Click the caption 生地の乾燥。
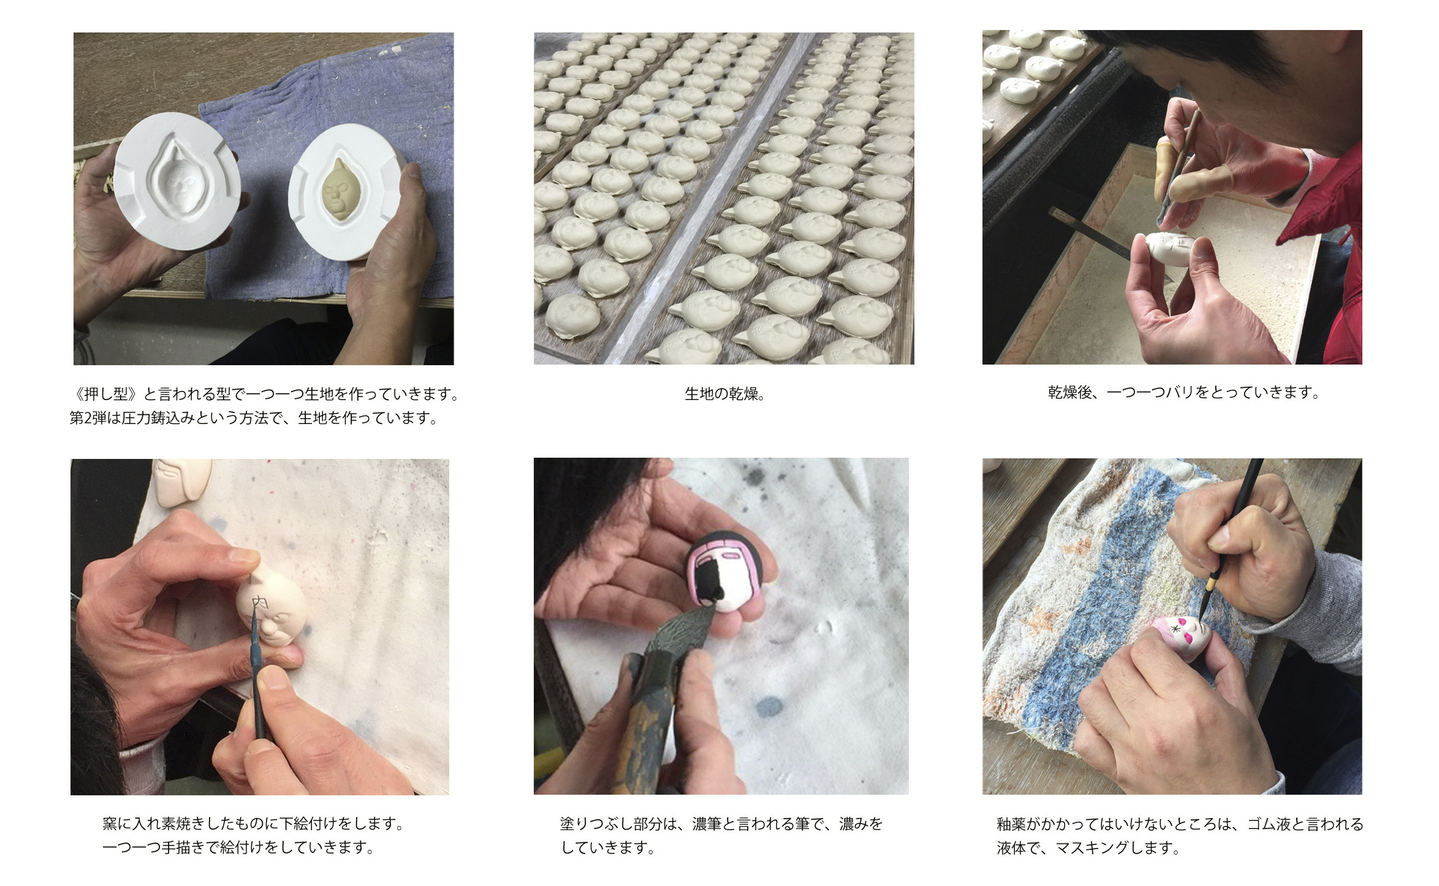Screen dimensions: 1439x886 pyautogui.click(x=725, y=394)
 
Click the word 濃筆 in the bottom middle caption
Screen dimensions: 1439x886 pyautogui.click(x=707, y=824)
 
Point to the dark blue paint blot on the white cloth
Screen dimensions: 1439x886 pyautogui.click(x=769, y=707)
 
